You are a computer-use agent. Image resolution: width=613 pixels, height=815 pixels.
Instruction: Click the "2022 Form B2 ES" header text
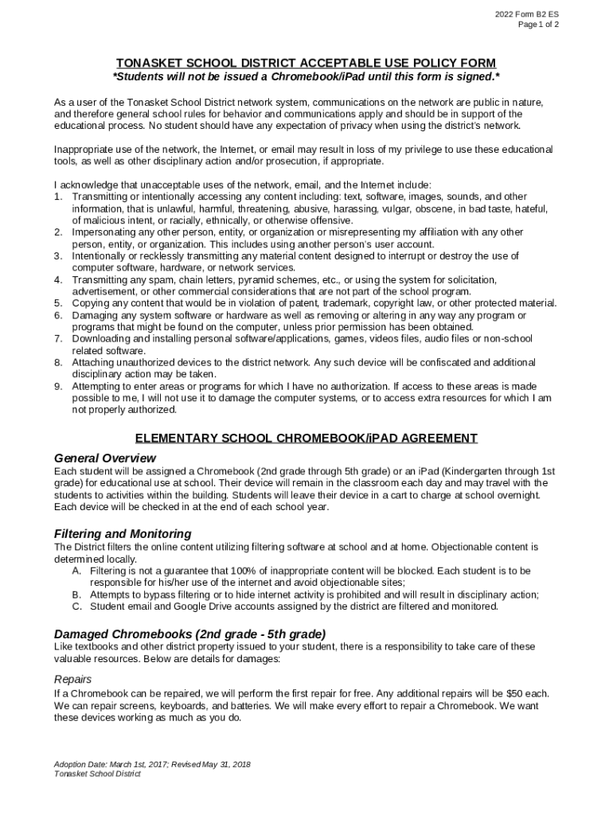(526, 14)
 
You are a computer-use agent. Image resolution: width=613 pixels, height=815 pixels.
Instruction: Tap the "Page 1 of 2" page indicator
(538, 25)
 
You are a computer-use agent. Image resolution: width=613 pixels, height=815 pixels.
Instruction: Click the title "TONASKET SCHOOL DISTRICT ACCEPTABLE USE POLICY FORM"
(306, 63)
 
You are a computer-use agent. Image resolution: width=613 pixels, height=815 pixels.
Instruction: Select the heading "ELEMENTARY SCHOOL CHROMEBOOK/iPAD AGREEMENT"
(306, 438)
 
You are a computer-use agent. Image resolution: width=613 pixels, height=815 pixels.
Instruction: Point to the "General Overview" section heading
(104, 458)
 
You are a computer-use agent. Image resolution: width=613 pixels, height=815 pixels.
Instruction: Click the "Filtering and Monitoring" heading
(122, 533)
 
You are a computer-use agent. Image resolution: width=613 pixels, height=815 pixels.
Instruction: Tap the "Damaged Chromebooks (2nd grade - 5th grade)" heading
(189, 634)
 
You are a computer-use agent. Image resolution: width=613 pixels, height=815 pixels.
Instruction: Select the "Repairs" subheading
(72, 679)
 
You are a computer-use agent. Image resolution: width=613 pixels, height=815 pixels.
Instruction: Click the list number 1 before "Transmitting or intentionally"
(58, 197)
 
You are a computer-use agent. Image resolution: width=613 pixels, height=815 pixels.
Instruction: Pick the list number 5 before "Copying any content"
(58, 303)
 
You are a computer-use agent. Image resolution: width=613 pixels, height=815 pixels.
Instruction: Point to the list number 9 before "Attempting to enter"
(58, 386)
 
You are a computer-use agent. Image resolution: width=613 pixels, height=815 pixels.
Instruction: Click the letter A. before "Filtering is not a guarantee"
(76, 571)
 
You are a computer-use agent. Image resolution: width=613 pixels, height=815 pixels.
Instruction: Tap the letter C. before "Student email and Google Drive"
(76, 606)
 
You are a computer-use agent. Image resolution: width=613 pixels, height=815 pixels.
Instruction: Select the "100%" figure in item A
(244, 571)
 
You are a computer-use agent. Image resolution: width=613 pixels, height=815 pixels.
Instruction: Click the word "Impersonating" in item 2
(107, 232)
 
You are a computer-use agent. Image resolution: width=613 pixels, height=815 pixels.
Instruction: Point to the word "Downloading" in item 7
(103, 339)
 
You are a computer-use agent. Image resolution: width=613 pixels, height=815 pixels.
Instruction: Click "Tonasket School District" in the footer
(97, 774)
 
